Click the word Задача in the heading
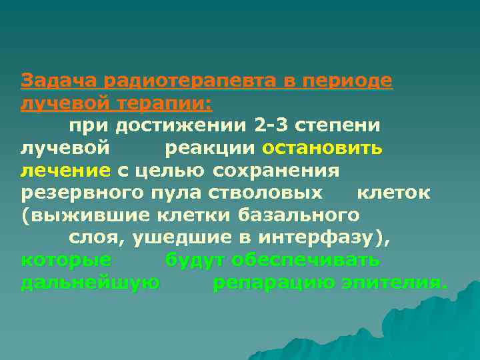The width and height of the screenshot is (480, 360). click(58, 81)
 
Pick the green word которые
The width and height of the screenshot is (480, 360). click(66, 261)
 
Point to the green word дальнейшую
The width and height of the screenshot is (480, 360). click(90, 283)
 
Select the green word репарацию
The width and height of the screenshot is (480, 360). click(273, 283)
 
